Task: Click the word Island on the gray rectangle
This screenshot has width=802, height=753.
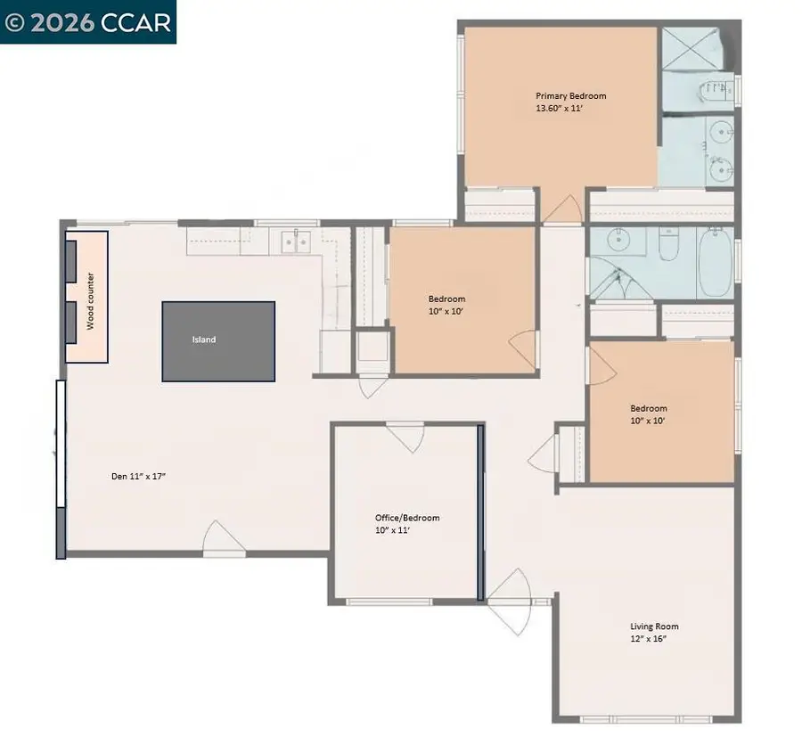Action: tap(203, 340)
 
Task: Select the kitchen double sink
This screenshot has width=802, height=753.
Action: tap(295, 241)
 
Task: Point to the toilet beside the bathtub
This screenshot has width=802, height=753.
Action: tap(669, 244)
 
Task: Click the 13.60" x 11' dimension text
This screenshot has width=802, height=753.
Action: tap(559, 108)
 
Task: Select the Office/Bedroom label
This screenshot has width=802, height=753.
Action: tap(406, 518)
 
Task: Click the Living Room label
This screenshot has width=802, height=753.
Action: tap(654, 626)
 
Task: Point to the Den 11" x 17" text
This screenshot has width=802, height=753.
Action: tap(138, 477)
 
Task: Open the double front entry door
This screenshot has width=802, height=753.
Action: tap(509, 602)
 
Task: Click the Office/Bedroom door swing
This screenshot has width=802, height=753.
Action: tap(405, 437)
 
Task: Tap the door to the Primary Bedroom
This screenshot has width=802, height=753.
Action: tap(561, 210)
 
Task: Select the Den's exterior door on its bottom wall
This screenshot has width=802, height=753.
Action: tap(223, 539)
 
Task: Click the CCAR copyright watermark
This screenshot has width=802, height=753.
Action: tap(88, 22)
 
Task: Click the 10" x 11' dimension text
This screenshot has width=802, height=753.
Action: tap(392, 530)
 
